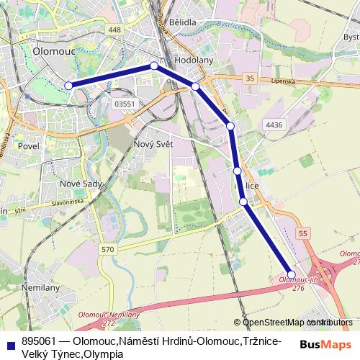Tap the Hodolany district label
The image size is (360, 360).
point(194,60)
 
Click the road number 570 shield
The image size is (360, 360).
point(108,248)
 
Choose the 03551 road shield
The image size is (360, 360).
point(125,104)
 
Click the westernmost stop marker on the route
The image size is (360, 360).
point(69,86)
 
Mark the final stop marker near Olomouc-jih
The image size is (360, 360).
point(292,273)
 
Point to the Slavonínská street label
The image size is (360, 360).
point(68,204)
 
